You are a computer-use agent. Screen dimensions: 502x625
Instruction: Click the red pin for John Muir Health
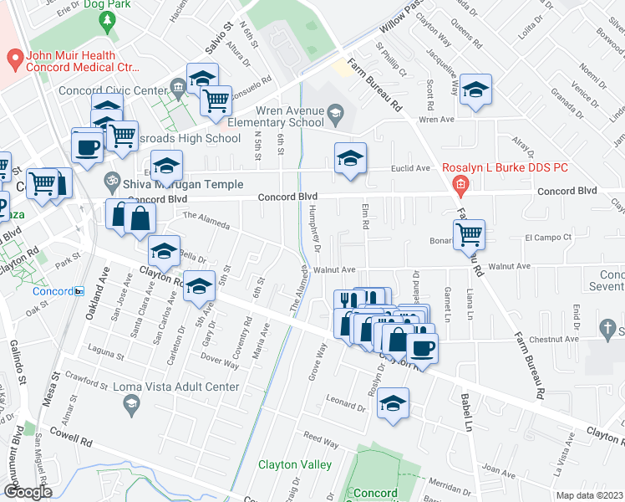point(14,60)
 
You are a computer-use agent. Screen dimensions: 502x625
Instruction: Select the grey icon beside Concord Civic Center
point(177,86)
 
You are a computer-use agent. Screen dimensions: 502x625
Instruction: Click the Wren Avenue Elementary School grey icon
point(335,112)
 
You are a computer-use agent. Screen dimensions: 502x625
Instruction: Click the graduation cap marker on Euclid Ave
point(350,157)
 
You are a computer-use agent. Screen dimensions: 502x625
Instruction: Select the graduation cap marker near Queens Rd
point(475,90)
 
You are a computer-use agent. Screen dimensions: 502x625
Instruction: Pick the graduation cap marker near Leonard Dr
point(393,403)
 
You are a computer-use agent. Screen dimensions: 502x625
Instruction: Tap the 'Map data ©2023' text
point(589,495)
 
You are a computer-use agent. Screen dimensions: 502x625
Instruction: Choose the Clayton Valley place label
point(295,464)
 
